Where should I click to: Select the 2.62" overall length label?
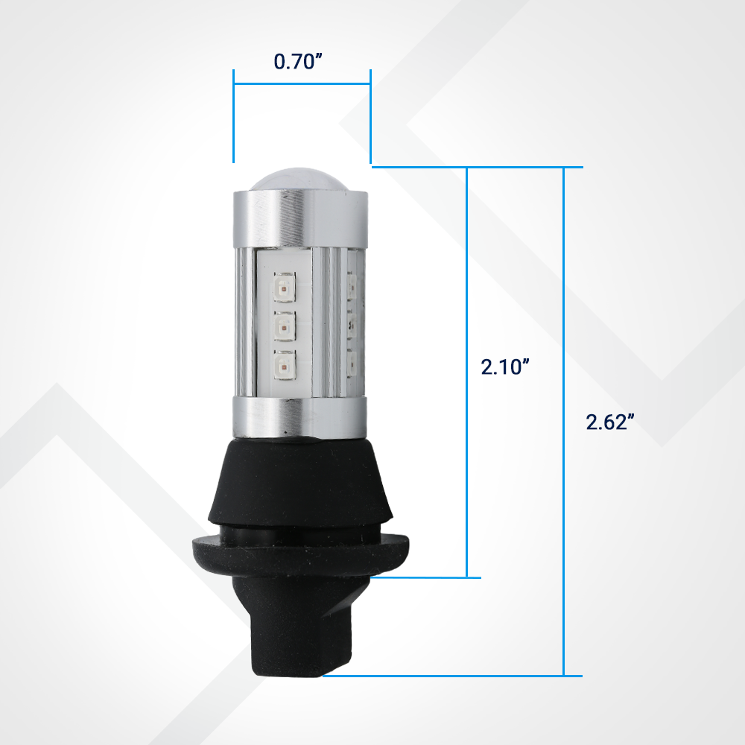(x=610, y=422)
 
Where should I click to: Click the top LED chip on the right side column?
(x=352, y=284)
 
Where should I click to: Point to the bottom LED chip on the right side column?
(x=352, y=364)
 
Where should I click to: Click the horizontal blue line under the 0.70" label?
(x=302, y=83)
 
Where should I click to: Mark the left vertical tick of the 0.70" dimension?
(x=233, y=116)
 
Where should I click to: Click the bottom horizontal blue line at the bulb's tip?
(x=447, y=676)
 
